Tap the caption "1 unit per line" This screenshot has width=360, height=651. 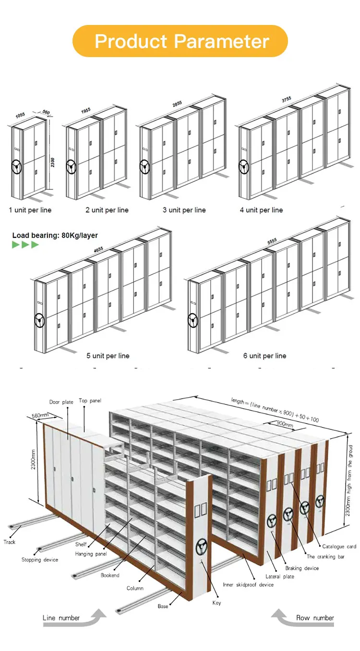point(30,210)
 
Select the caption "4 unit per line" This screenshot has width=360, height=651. point(262,210)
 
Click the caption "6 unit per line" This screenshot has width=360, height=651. point(264,355)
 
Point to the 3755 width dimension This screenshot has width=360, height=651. point(287,100)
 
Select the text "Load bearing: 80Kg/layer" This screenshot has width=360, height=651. point(55,235)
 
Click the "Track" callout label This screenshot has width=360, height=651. point(10,542)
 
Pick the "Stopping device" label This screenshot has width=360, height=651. point(40,560)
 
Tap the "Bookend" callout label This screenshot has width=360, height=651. point(110,575)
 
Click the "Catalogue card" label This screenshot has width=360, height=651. point(339,546)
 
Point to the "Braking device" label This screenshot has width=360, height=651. point(302,568)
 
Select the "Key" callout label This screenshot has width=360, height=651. point(217,603)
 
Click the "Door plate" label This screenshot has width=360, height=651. point(61,402)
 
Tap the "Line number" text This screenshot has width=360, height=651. point(61,618)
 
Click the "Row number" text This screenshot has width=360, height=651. point(315,618)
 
